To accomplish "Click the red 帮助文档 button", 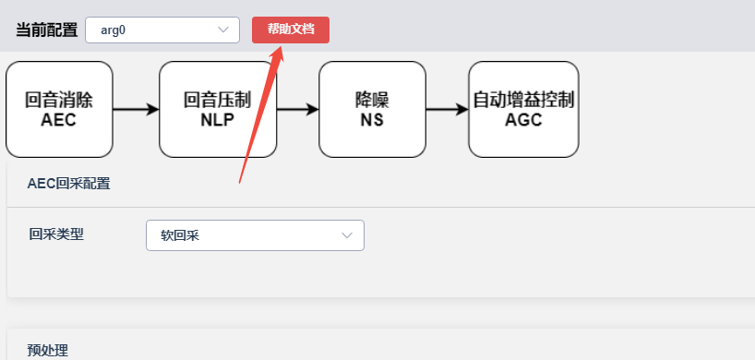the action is (291, 30).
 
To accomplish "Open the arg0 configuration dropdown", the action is (162, 30).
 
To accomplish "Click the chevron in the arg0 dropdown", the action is (223, 30).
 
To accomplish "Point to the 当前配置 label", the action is (47, 30).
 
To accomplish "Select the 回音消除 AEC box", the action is (59, 109).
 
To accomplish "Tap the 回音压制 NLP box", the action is (218, 109).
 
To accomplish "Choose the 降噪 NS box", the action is (372, 109).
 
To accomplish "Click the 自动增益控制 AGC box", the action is (523, 109).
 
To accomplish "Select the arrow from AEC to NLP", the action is (137, 110).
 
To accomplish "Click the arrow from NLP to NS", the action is (297, 110).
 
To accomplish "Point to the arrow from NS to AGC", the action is (448, 110).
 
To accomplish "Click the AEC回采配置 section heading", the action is (69, 184).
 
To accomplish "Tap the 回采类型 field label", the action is (56, 234).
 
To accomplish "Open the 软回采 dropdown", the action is (255, 235).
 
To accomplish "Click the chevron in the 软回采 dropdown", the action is (347, 235).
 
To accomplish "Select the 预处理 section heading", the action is (48, 351).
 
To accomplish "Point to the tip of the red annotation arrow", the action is (282, 46).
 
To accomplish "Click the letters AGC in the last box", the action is (523, 120).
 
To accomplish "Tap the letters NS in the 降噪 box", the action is (372, 120).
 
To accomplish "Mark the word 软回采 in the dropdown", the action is (180, 235).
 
